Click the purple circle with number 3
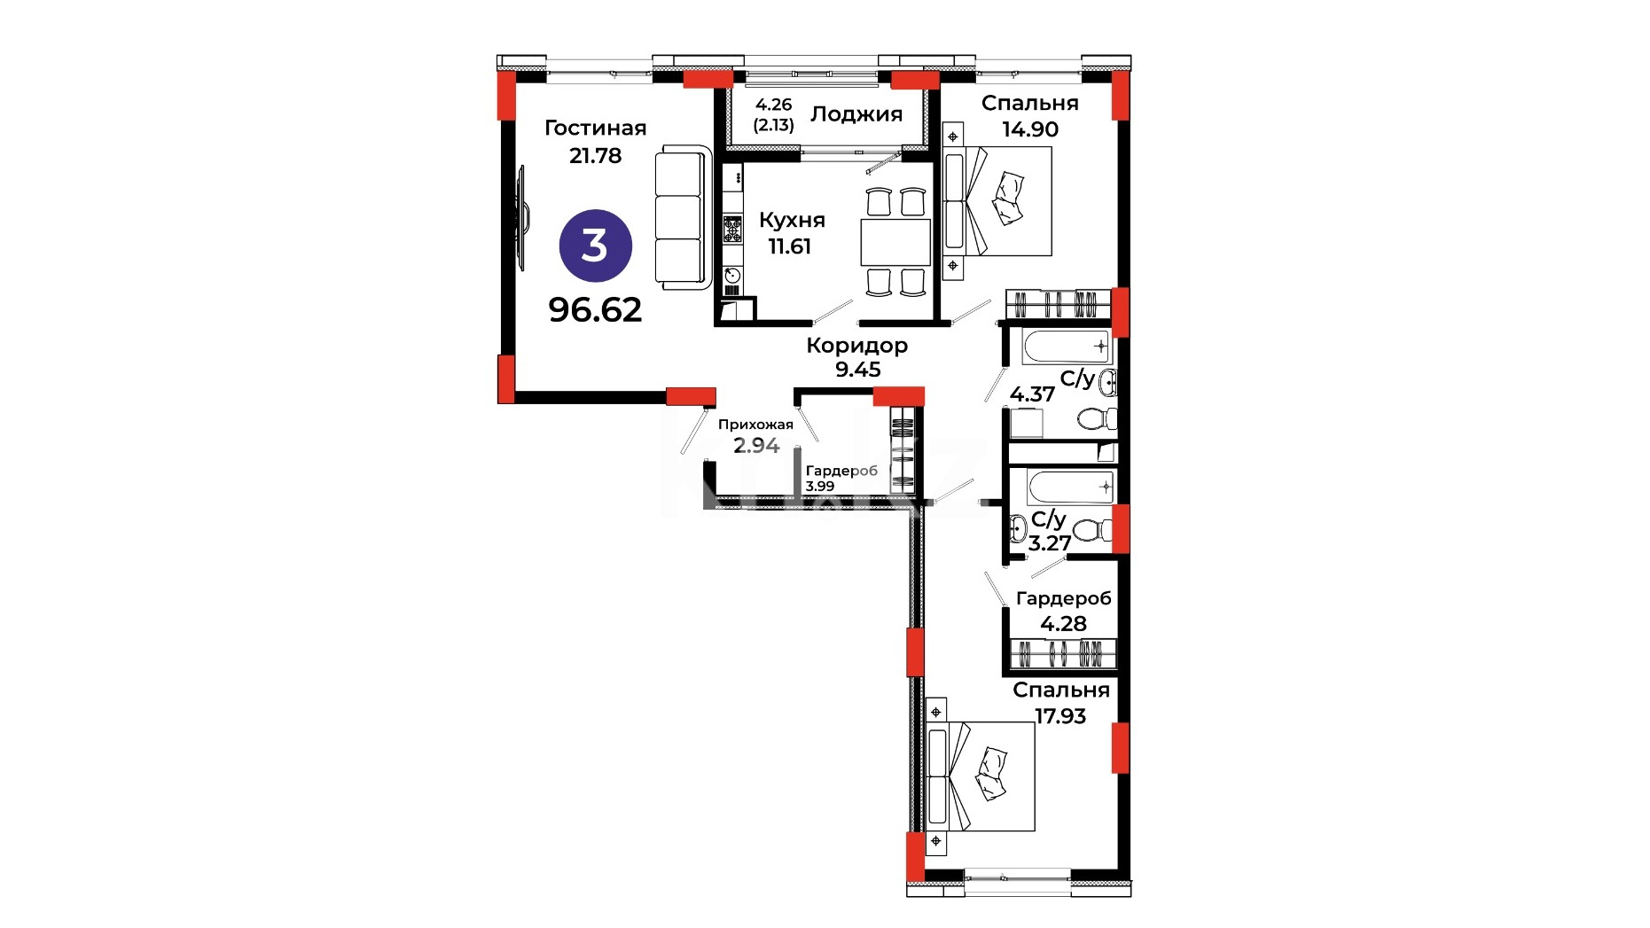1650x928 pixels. click(x=595, y=246)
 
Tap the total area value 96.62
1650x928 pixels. click(x=595, y=310)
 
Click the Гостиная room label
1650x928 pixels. click(x=595, y=129)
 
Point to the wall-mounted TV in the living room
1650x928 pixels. click(x=521, y=218)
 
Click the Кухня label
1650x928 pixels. click(x=792, y=221)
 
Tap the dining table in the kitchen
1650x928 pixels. click(x=895, y=242)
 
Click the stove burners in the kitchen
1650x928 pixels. click(x=732, y=230)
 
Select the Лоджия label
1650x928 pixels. click(x=856, y=114)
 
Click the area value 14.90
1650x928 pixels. click(x=1030, y=129)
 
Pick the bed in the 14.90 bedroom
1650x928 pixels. click(x=997, y=201)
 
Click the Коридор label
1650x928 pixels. click(x=856, y=346)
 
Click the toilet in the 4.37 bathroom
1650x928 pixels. click(x=1098, y=417)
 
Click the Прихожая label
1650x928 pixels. click(x=755, y=425)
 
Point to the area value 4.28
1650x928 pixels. click(x=1063, y=624)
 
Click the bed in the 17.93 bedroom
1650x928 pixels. click(x=981, y=776)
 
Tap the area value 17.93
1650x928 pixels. click(x=1060, y=716)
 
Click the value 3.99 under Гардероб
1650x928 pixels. click(x=820, y=487)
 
